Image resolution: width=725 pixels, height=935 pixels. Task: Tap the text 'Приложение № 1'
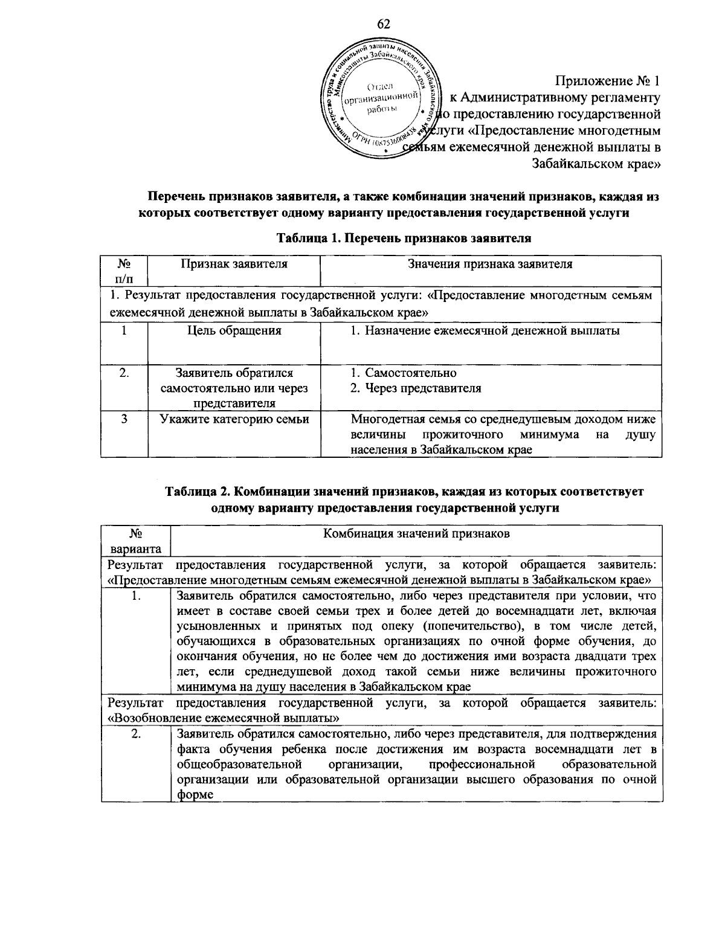click(608, 81)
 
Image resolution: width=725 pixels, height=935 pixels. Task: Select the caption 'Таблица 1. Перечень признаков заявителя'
click(404, 237)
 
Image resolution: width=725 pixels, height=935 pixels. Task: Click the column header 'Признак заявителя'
click(234, 264)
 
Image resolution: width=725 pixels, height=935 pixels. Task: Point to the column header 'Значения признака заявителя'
click(490, 264)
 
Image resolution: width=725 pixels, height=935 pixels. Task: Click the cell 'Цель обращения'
click(234, 330)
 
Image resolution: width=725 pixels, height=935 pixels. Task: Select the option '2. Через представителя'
click(416, 388)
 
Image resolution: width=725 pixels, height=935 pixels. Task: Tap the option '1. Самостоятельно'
click(404, 373)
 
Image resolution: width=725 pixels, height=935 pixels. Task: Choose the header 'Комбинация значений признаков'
click(417, 533)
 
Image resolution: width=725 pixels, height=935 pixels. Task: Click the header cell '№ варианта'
click(135, 541)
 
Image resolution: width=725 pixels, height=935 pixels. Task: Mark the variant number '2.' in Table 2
click(136, 734)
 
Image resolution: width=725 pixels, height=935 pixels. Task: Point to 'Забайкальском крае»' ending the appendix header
click(596, 163)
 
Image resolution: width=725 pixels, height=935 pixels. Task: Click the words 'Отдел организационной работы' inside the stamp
click(381, 97)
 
